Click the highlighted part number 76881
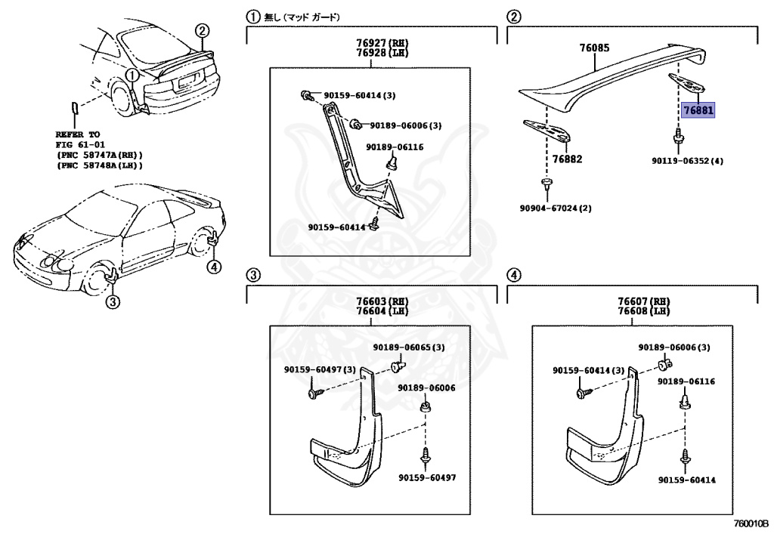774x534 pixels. point(698,111)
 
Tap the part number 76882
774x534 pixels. point(566,159)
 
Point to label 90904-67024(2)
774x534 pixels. point(555,208)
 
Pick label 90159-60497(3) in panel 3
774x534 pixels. point(320,370)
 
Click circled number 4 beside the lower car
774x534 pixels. point(215,266)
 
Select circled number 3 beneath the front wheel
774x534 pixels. point(112,303)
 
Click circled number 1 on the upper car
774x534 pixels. point(132,75)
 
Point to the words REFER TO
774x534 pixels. point(77,134)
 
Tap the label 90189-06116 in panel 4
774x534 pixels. point(686,382)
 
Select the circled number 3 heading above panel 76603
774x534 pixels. point(255,274)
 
